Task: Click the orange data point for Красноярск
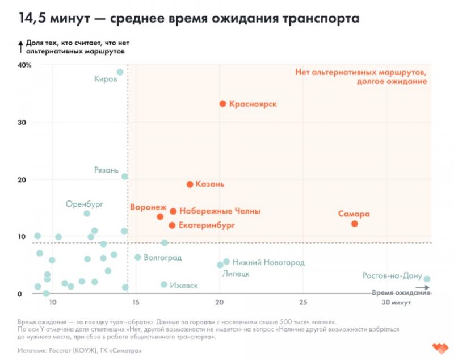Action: (x=223, y=104)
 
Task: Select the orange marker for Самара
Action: (x=355, y=224)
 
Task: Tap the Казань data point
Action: (x=190, y=185)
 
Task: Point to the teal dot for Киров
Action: (x=120, y=72)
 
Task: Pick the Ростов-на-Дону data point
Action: (x=427, y=279)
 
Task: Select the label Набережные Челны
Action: (x=220, y=211)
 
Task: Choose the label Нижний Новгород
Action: (x=268, y=262)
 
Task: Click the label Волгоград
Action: (x=162, y=258)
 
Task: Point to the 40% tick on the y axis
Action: (x=24, y=65)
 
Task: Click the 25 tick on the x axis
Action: (x=304, y=302)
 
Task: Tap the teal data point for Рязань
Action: (x=125, y=177)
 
